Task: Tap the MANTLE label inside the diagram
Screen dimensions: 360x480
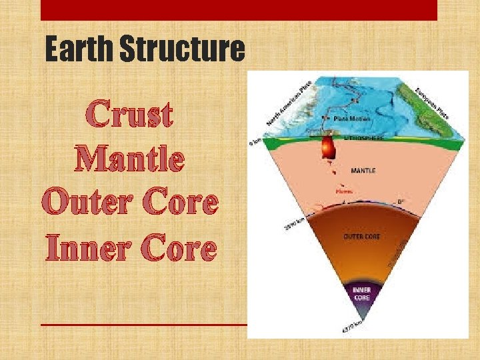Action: (x=363, y=171)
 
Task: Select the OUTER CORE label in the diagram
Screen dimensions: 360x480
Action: (x=362, y=237)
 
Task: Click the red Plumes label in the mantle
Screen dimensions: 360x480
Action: (x=344, y=192)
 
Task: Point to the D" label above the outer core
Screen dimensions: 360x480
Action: (x=399, y=202)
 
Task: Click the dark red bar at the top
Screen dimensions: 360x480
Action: (x=239, y=9)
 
